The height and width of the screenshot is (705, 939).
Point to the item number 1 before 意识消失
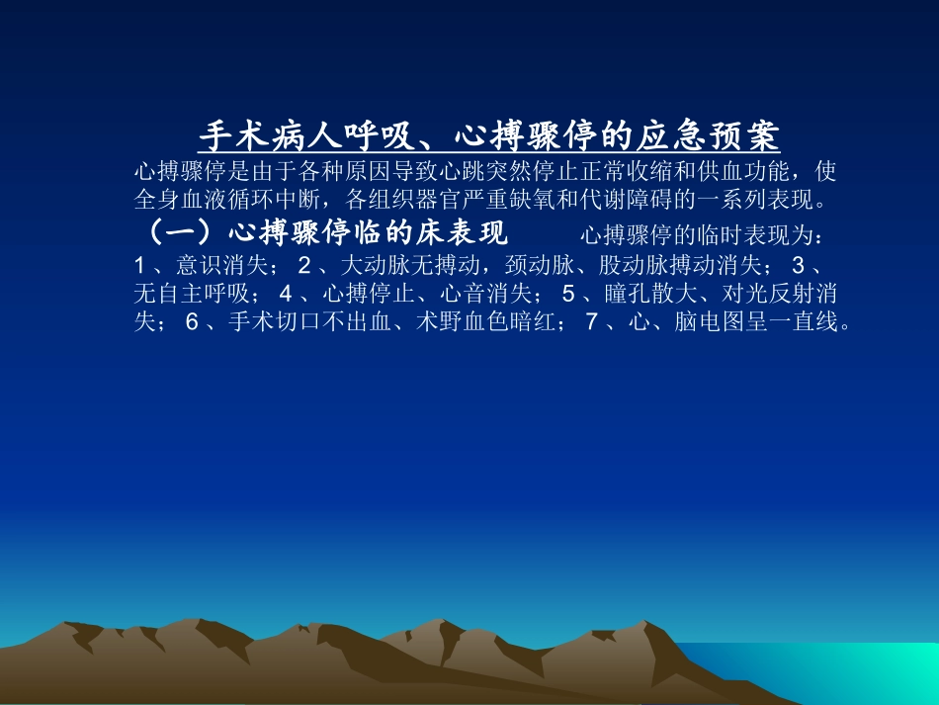click(140, 266)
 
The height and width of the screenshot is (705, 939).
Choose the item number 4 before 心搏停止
click(286, 295)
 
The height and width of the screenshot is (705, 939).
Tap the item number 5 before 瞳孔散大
click(568, 295)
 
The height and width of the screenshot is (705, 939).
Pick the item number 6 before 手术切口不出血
click(192, 322)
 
